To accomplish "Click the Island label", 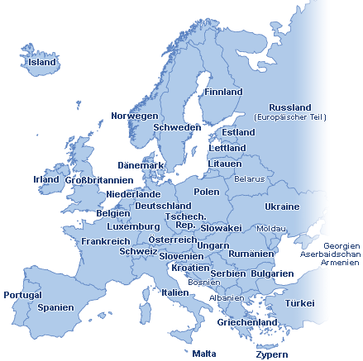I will coord(42,62).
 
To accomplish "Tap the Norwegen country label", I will coord(134,116).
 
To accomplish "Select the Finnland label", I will coord(223,92).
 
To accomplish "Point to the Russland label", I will coord(290,107).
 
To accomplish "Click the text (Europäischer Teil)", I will coord(290,117).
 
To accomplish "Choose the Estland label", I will coord(238,132).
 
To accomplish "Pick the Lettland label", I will coord(227,148).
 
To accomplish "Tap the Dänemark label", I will coord(141,165).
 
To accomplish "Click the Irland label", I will coord(45,179).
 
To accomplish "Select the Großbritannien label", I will coord(98,180).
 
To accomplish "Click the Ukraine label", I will coord(282,207).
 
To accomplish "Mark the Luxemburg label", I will coord(133,226).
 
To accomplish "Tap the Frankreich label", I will coord(106,241).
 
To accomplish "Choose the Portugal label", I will coord(22,295).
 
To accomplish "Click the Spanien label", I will coord(55,307).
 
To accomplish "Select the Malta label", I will coord(204,354).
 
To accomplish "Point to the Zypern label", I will coord(272,354).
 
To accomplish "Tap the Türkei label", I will coord(300,303).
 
